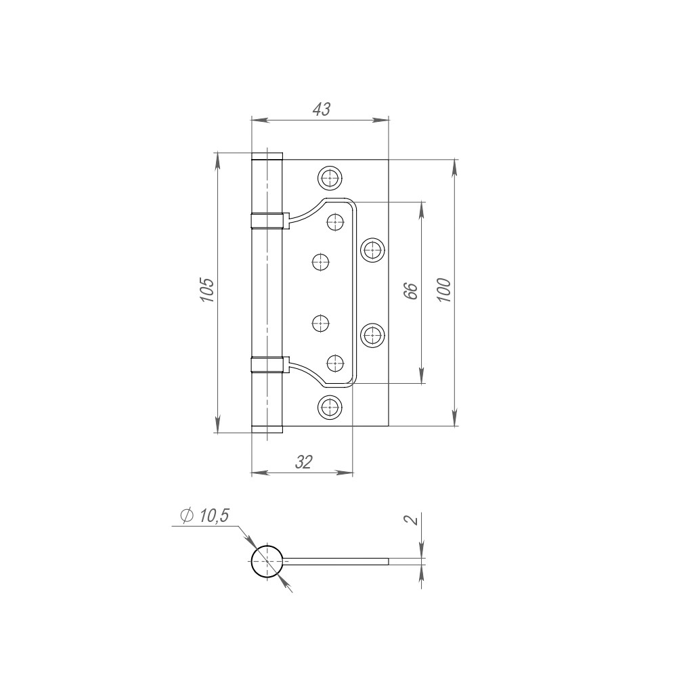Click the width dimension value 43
(320, 108)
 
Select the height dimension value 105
(207, 290)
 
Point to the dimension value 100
(443, 290)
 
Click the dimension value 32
(303, 462)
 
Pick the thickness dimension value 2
(410, 520)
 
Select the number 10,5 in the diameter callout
(214, 516)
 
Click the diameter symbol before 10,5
(187, 516)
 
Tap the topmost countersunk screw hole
(330, 178)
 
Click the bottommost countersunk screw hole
(330, 406)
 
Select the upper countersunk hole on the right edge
(372, 250)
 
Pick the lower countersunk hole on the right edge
(372, 334)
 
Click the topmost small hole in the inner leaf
(335, 221)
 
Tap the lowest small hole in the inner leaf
(335, 364)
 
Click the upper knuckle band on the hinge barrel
(267, 221)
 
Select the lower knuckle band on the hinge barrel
(267, 365)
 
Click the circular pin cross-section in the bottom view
(267, 561)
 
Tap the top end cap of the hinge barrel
(267, 157)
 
